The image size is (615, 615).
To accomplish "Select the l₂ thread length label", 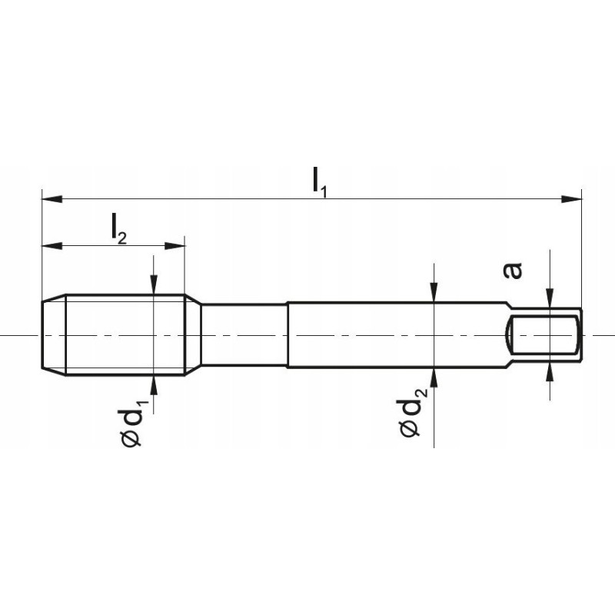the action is pos(119,229).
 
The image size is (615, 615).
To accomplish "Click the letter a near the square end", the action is pos(513,271).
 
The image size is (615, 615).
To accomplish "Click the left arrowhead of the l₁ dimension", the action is pos(52,199).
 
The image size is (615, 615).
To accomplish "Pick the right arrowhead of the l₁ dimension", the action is pos(571,199).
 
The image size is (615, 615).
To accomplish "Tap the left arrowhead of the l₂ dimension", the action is pos(52,246).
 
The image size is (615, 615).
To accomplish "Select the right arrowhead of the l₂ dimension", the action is pos(175,246).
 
